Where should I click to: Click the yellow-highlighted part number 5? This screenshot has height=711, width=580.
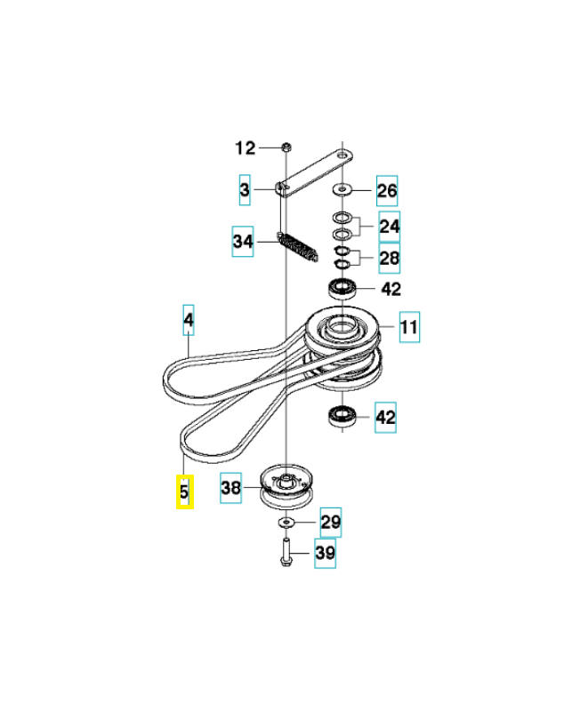click(185, 491)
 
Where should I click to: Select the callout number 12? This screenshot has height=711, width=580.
click(246, 148)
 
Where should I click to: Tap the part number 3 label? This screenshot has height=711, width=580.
click(245, 189)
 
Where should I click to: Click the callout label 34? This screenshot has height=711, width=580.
click(243, 241)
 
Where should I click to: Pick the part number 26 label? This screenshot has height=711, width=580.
click(387, 190)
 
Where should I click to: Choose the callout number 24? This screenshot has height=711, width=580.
click(390, 227)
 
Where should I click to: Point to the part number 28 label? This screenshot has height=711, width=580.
click(390, 258)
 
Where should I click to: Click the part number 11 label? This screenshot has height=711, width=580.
click(409, 326)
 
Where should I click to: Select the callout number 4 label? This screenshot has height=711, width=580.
click(189, 320)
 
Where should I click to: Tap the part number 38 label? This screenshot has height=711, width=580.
click(230, 488)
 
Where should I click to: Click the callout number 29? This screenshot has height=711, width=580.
click(331, 523)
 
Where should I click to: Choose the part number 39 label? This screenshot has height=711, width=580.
click(326, 553)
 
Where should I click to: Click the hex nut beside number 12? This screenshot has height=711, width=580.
click(286, 147)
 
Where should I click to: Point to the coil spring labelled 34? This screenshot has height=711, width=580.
click(298, 247)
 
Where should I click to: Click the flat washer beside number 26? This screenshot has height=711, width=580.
click(342, 188)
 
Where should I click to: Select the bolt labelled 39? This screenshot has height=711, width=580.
click(286, 552)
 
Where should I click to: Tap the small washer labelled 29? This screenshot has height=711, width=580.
click(286, 523)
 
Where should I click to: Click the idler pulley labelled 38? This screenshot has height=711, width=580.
click(286, 486)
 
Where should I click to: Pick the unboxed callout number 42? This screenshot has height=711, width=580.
click(391, 289)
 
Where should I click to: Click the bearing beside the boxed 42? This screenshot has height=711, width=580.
click(342, 416)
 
